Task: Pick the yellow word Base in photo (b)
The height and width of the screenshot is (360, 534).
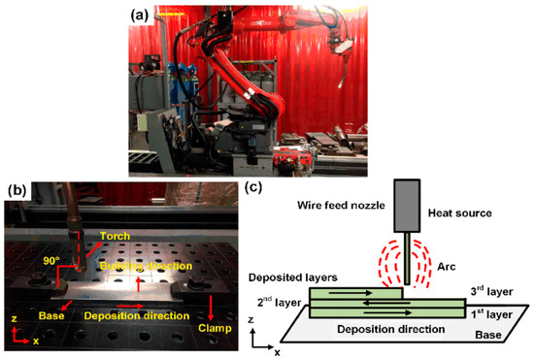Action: pos(51,315)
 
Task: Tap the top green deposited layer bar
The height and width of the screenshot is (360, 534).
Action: pos(355,291)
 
